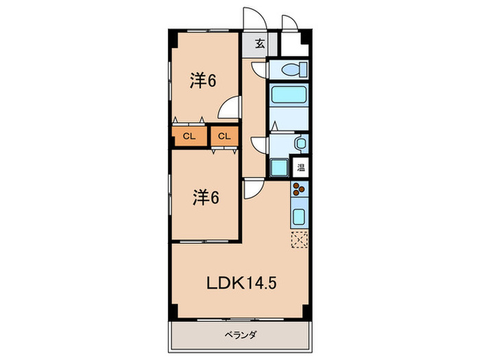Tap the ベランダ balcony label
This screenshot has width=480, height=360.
pos(239,335)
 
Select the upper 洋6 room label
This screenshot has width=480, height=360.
pos(204,81)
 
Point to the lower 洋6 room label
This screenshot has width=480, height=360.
pos(205,198)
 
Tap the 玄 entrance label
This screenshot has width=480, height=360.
pos(261,45)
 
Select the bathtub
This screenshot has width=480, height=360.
pos(288,95)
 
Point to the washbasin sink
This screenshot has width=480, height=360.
pos(299,143)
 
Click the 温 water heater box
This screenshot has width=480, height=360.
pos(301,167)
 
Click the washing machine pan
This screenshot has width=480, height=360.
pos(280,167)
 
